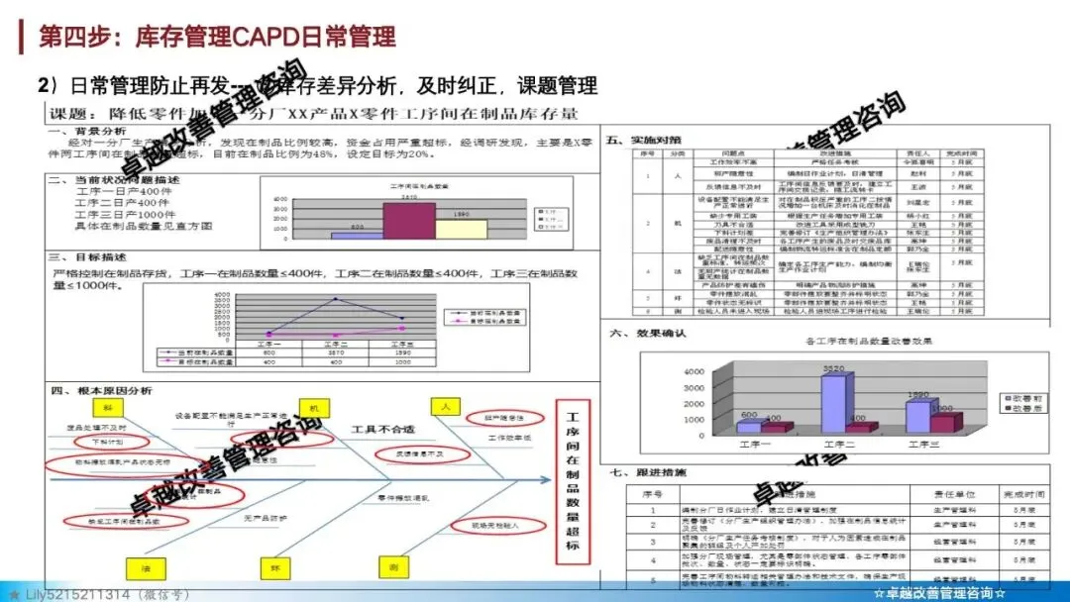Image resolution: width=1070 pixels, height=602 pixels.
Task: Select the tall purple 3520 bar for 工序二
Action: (833, 403)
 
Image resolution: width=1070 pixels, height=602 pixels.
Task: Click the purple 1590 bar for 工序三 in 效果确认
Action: (918, 417)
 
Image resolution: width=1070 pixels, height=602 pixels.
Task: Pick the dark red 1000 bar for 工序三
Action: (944, 423)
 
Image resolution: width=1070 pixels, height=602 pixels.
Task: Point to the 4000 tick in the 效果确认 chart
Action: (692, 371)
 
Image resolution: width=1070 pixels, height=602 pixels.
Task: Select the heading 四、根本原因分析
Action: (101, 391)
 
